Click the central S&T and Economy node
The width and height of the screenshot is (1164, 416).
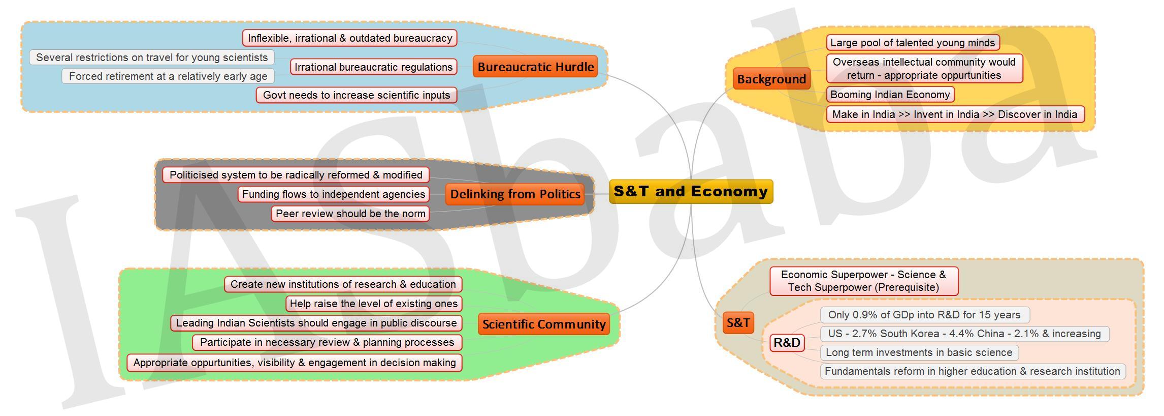pyautogui.click(x=691, y=192)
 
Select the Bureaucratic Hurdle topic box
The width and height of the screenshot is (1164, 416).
pyautogui.click(x=535, y=67)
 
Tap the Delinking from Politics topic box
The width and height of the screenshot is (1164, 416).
pyautogui.click(x=515, y=194)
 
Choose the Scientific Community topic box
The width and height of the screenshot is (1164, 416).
pyautogui.click(x=544, y=324)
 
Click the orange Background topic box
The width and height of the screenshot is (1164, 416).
pyautogui.click(x=771, y=79)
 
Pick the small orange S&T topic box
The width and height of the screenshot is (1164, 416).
pyautogui.click(x=738, y=322)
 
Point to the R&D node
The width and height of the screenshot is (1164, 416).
pyautogui.click(x=787, y=343)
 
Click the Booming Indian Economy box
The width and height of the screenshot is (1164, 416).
pyautogui.click(x=890, y=95)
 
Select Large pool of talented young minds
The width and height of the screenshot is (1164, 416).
pyautogui.click(x=913, y=43)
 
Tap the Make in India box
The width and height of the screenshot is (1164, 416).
pyautogui.click(x=955, y=114)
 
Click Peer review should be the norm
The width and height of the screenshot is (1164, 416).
pyautogui.click(x=350, y=214)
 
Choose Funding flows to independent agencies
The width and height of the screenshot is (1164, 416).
pyautogui.click(x=334, y=194)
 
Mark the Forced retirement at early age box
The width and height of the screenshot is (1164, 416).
pyautogui.click(x=168, y=76)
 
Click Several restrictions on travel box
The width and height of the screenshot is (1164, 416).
pyautogui.click(x=152, y=57)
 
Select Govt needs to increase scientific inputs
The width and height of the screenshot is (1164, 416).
pyautogui.click(x=357, y=95)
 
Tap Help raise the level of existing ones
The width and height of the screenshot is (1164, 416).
pyautogui.click(x=374, y=304)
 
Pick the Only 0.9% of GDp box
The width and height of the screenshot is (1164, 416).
pyautogui.click(x=925, y=315)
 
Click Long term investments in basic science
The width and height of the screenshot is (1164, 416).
pyautogui.click(x=919, y=352)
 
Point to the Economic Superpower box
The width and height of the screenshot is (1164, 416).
pyautogui.click(x=864, y=281)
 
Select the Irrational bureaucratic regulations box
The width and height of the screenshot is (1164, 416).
pyautogui.click(x=374, y=67)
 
